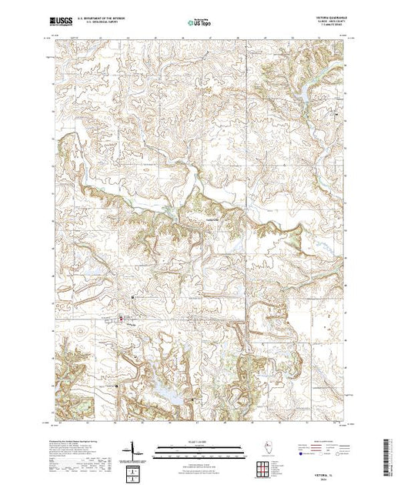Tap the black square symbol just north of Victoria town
132,296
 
